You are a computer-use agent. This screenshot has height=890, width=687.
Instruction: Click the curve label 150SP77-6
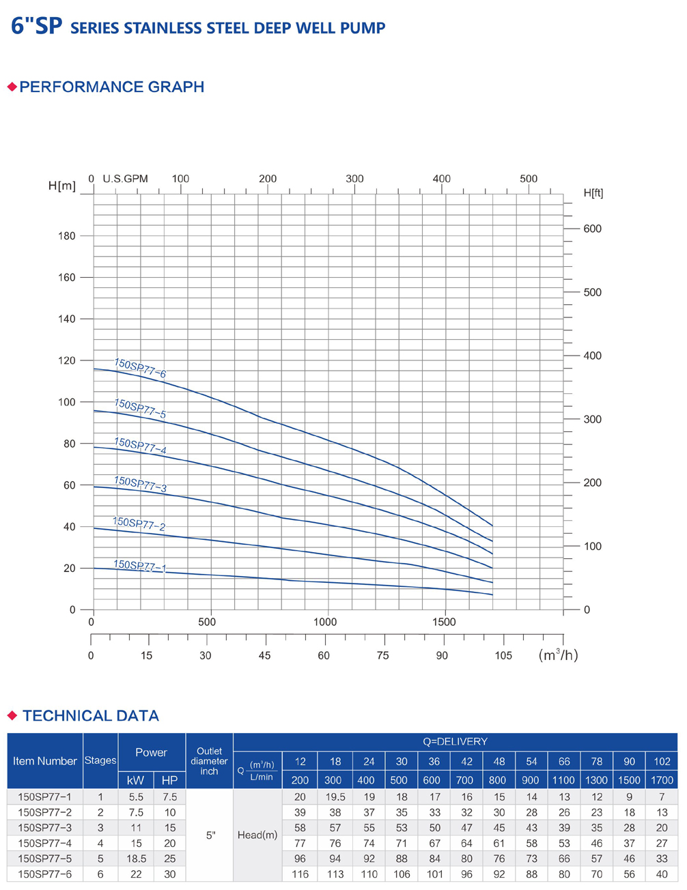point(140,368)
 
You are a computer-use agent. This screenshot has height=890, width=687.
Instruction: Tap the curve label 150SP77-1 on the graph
point(139,566)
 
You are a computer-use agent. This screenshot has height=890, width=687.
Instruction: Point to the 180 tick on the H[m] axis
point(67,236)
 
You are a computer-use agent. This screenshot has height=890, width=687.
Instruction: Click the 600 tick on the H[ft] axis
point(592,229)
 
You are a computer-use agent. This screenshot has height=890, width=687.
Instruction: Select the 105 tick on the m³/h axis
point(503,655)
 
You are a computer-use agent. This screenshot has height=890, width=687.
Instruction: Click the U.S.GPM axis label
point(125,179)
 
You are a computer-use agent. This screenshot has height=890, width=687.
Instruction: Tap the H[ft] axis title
point(593,193)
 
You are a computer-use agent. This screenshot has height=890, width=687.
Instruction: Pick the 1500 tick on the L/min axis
point(444,622)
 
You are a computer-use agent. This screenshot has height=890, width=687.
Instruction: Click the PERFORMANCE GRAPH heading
point(111,87)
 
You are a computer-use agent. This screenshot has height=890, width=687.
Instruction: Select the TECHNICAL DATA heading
point(90,715)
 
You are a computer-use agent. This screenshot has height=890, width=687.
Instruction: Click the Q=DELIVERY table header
point(455,741)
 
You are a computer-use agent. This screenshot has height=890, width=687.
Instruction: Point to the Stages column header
point(100,760)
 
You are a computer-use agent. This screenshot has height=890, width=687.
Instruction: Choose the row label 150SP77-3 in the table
point(45,827)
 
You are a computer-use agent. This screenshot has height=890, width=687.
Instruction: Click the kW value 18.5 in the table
point(136,859)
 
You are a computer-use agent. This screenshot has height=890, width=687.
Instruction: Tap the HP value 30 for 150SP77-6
point(169,874)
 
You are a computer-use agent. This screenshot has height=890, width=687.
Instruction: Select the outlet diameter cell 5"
point(210,835)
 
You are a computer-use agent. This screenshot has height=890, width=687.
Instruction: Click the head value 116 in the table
point(300,874)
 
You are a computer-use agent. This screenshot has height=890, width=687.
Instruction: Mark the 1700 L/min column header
point(662,779)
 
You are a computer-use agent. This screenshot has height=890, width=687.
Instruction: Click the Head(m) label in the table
point(257,835)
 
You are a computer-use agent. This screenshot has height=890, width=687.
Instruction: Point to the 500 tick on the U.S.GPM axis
point(529,179)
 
